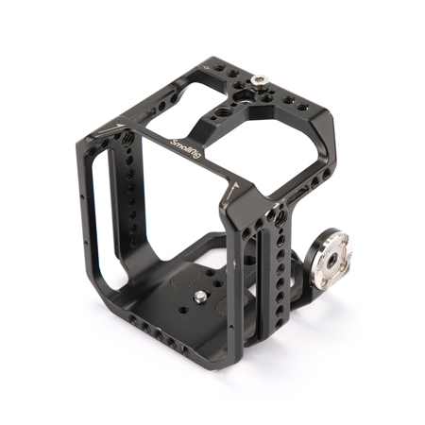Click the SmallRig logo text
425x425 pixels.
tap(185, 148)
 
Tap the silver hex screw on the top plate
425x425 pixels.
tap(259, 80)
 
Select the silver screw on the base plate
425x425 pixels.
tap(200, 296)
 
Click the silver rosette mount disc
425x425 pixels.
tap(331, 259)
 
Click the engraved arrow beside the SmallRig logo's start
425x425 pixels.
tap(110, 127)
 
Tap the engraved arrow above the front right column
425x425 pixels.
tap(232, 190)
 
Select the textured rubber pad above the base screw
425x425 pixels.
tap(186, 278)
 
